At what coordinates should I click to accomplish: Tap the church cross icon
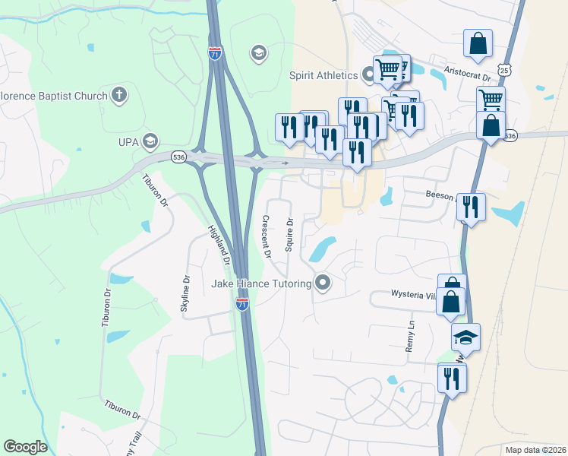click(x=118, y=96)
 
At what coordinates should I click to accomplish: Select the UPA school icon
click(x=150, y=141)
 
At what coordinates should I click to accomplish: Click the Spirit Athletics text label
click(x=323, y=75)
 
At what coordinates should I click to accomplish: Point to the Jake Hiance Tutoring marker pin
click(x=323, y=283)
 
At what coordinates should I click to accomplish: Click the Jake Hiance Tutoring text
click(x=261, y=284)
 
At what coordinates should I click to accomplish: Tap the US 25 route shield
click(x=505, y=70)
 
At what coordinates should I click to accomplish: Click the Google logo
click(x=25, y=447)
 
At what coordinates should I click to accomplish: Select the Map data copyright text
click(x=535, y=450)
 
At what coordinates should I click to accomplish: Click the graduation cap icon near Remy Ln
click(x=465, y=337)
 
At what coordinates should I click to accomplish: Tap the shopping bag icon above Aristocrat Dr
click(x=478, y=44)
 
